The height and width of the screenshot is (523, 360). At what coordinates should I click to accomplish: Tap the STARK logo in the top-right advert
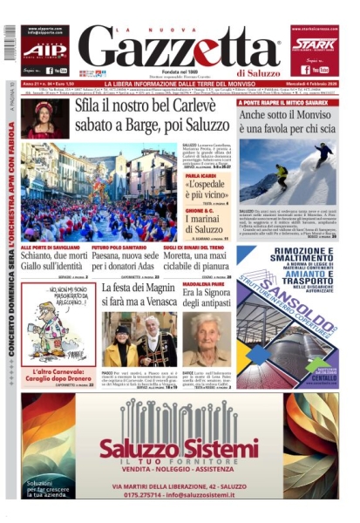[x=315, y=41]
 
